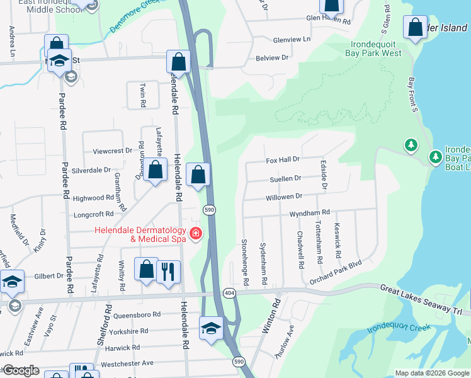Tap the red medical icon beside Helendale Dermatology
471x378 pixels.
point(195,234)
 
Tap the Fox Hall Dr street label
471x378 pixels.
point(283,160)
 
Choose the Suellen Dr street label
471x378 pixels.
point(286,178)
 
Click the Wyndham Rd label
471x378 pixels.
point(309,214)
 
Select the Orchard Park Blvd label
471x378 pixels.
point(336,269)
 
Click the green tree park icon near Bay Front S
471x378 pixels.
point(411,146)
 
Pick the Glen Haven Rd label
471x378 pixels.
point(328,20)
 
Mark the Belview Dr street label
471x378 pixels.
point(271,57)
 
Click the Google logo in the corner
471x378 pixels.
point(20,370)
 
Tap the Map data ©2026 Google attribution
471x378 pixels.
point(431,373)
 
